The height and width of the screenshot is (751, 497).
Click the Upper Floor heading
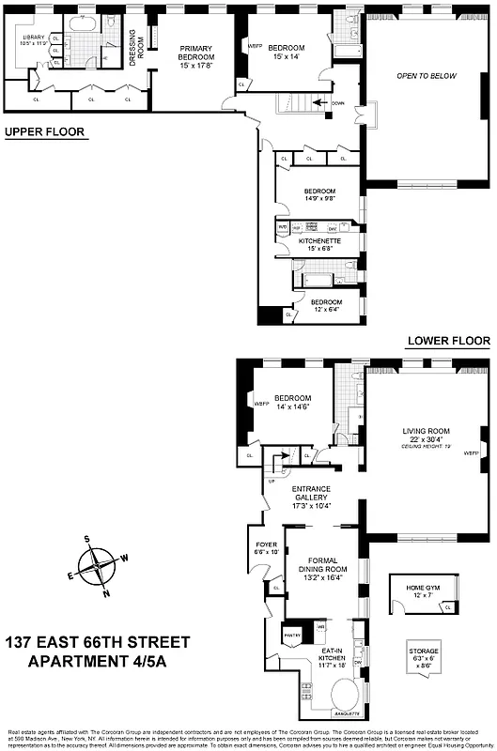44,132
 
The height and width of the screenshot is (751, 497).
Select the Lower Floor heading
448,341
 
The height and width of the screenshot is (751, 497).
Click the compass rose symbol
97,568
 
